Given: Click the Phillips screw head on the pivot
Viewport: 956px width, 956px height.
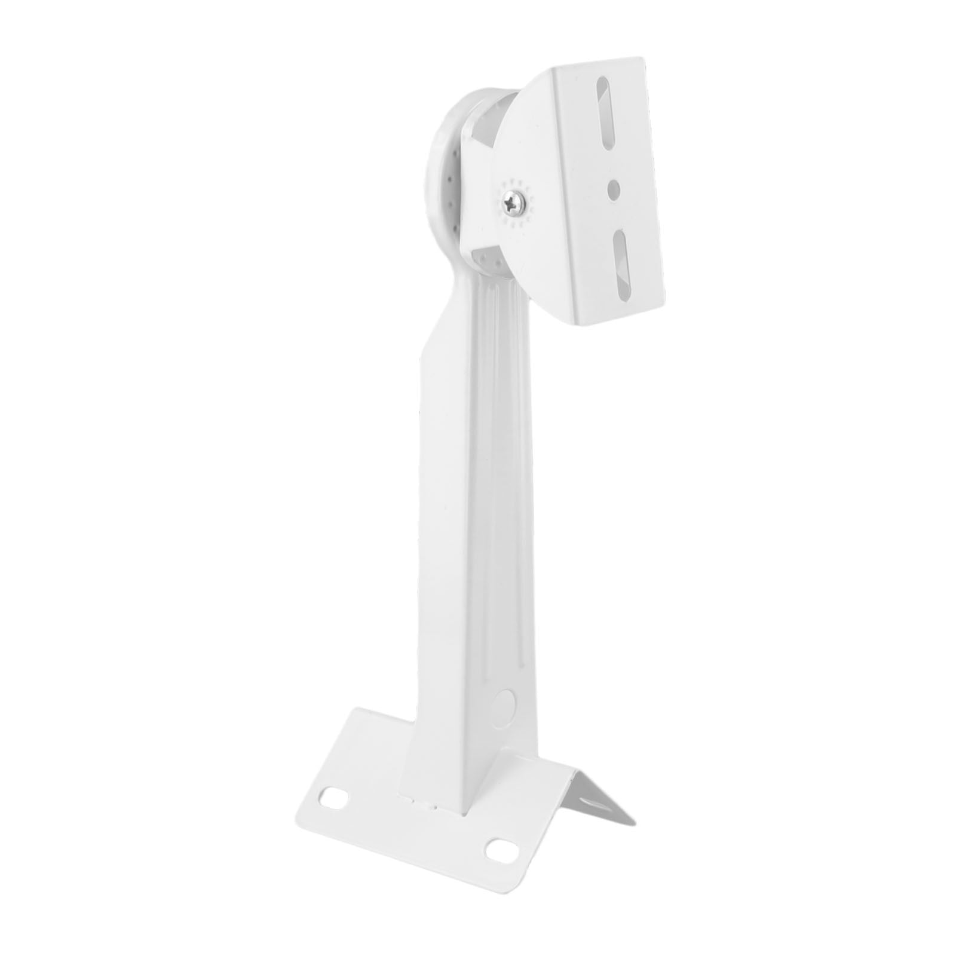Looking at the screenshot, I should point(513,203).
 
